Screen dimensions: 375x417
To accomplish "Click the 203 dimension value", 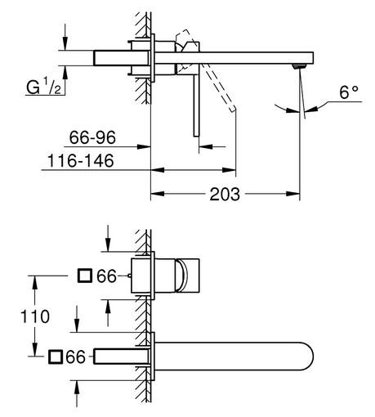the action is pos(225,194).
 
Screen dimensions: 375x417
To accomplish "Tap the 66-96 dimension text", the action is pos(92,137).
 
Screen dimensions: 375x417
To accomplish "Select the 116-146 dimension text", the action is pos(81,160).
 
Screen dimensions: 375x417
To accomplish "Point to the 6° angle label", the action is pos(349,92).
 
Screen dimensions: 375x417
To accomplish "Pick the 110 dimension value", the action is pos(35,316).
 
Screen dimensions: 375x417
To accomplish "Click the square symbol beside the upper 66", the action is pos(85,276).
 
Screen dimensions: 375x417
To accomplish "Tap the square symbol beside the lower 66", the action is pos(56,356).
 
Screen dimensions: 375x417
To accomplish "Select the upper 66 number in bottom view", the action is pos(106,276).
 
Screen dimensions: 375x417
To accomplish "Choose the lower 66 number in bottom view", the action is pos(75,356).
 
